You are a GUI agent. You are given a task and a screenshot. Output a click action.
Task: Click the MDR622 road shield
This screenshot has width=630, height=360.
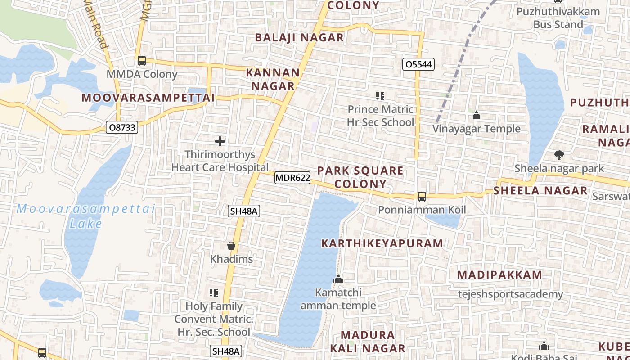(x=292, y=178)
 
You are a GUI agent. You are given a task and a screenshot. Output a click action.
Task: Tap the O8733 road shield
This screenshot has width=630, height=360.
(x=122, y=127)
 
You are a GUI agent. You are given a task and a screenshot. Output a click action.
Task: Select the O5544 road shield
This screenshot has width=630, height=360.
(x=418, y=64)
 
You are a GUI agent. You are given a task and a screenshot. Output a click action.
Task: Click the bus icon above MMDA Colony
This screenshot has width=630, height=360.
(x=142, y=60)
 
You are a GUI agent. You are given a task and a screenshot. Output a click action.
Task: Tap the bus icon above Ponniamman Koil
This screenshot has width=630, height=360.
(x=422, y=196)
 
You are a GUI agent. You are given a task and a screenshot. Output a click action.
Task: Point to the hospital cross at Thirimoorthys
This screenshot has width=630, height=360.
(x=220, y=141)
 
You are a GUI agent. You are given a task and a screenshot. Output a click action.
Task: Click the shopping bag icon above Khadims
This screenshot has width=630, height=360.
(x=231, y=246)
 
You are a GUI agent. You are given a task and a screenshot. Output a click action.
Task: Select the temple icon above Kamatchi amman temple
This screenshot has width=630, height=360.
(x=338, y=279)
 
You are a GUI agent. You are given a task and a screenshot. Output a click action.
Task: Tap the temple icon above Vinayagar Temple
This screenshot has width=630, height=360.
(x=477, y=116)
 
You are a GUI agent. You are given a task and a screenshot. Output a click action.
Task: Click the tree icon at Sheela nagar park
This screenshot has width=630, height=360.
(x=559, y=155)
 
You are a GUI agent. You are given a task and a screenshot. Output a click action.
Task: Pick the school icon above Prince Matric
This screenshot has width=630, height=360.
(x=380, y=95)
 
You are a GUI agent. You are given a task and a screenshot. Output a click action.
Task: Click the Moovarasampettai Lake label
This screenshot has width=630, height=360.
(x=85, y=216)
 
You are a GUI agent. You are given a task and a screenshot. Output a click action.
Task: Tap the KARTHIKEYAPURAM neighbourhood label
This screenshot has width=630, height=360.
(x=382, y=243)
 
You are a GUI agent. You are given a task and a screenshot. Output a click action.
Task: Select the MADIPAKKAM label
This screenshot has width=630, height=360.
(x=499, y=275)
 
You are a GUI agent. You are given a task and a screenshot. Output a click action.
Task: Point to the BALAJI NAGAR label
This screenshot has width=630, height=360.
(x=299, y=37)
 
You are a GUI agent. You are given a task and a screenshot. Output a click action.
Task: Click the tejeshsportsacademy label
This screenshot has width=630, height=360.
(x=510, y=294)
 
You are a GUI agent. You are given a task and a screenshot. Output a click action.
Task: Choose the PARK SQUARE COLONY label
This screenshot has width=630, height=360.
(x=360, y=177)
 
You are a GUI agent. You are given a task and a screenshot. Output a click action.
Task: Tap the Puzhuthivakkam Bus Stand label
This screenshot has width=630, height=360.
(x=558, y=18)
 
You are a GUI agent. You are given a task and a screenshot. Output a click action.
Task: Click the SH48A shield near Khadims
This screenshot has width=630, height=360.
(x=244, y=211)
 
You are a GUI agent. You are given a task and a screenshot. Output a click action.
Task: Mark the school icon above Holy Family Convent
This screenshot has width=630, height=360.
(x=214, y=293)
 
